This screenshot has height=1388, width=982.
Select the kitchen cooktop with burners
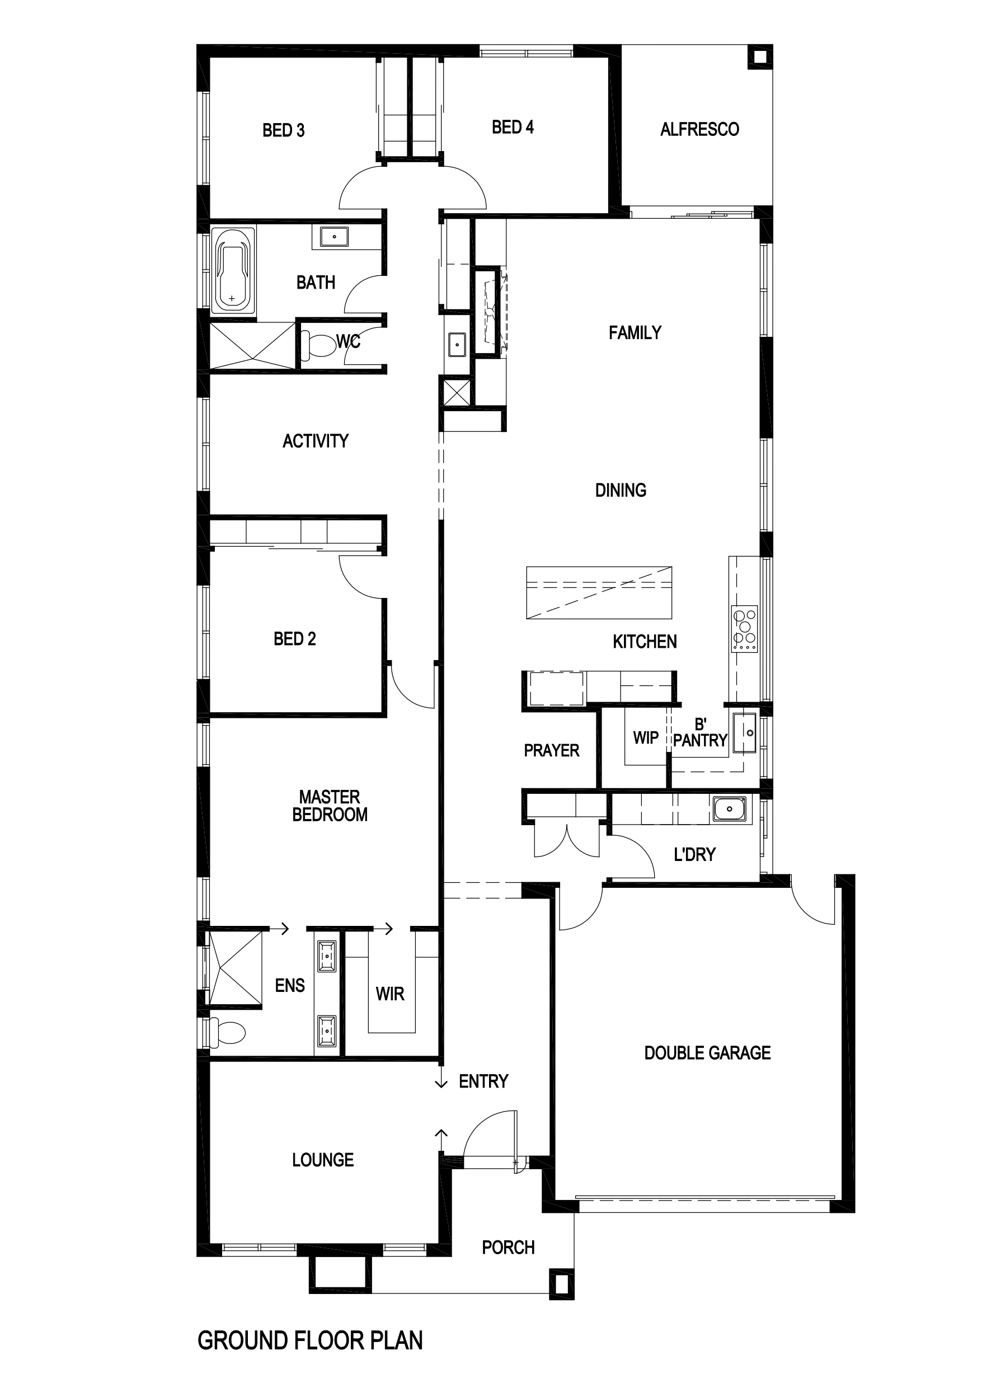[744, 629]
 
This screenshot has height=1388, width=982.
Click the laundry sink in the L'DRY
[729, 808]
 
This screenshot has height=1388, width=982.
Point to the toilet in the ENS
[227, 1032]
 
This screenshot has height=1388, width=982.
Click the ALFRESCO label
[699, 129]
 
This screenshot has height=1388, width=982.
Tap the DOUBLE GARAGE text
[707, 1053]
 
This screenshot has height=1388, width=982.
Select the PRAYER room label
[552, 750]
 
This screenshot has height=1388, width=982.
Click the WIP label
[646, 737]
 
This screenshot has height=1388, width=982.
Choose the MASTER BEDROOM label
[330, 806]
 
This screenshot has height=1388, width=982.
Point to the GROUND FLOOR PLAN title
[310, 1340]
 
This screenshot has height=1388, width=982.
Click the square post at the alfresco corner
[759, 58]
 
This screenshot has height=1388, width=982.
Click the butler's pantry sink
[745, 733]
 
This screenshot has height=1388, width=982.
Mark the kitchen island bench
[599, 592]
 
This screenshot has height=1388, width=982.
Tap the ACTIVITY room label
[316, 441]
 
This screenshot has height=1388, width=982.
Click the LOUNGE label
[323, 1160]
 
